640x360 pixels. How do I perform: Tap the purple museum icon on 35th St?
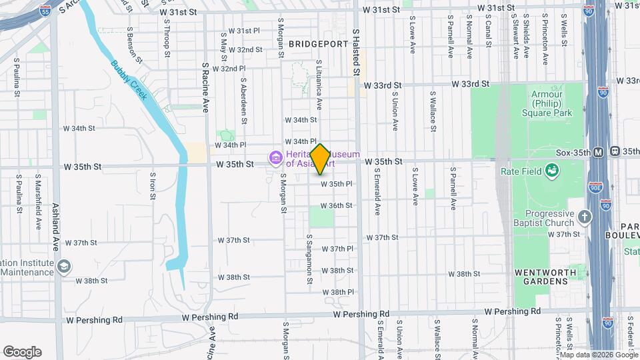click(274, 158)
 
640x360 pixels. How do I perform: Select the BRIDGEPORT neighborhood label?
click(319, 43)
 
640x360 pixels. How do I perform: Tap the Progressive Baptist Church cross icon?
click(585, 216)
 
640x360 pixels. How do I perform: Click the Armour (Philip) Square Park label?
click(551, 103)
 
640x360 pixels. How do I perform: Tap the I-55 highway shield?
click(45, 11)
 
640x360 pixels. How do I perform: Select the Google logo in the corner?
click(22, 351)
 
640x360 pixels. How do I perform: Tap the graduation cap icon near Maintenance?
click(63, 267)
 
